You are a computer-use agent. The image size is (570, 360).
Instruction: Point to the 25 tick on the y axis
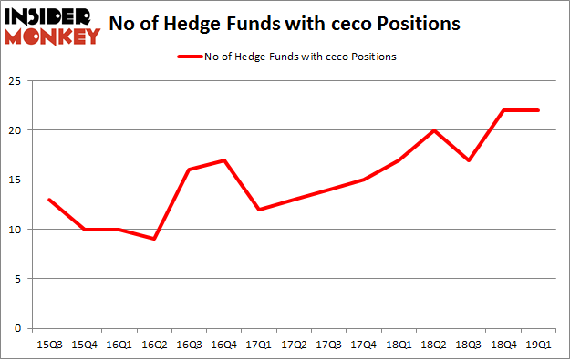point(17,80)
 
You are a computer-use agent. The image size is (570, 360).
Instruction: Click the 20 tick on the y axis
point(17,130)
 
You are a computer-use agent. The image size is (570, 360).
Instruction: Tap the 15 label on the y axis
point(17,180)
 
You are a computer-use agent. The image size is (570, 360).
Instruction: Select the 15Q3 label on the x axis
point(49,345)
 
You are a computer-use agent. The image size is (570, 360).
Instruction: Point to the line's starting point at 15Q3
point(49,200)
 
